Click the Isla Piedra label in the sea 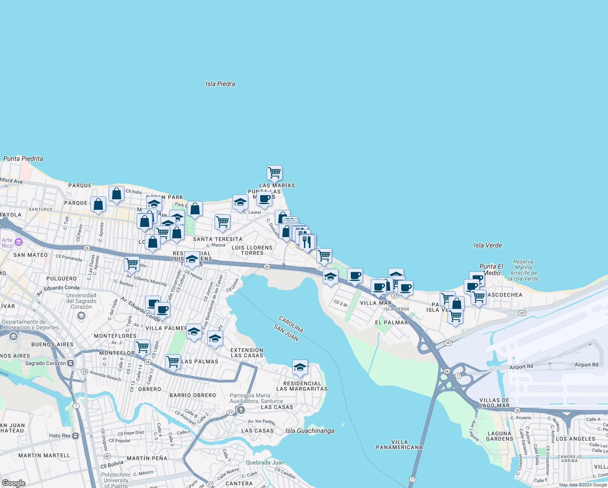coord(220,84)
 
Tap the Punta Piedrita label coord(23,159)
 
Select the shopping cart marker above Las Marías coord(274,172)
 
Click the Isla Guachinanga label coord(309,431)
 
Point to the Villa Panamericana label coord(399,444)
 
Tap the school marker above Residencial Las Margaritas coord(300,367)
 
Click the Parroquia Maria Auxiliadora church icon coord(241,410)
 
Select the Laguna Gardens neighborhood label coord(499,436)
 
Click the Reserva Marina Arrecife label coord(523,270)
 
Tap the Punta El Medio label coord(491,269)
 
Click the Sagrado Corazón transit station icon coord(71,363)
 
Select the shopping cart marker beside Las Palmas coord(173,361)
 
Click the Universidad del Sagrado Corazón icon coord(81,316)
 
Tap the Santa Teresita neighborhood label coord(217,239)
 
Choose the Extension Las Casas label coord(247,353)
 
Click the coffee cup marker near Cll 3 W coord(355,276)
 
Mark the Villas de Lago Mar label coord(494,403)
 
